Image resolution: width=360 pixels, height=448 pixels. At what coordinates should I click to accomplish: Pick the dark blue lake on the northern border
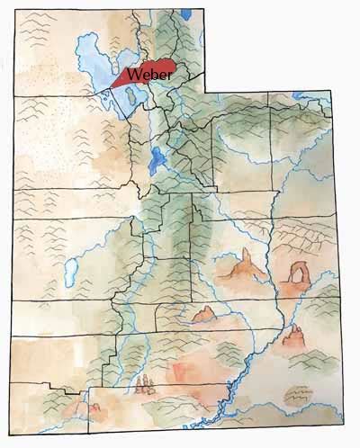click(185, 13)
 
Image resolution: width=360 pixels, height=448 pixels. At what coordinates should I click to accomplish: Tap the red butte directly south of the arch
click(293, 338)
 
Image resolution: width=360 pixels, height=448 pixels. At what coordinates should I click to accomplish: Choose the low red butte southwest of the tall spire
click(203, 314)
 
